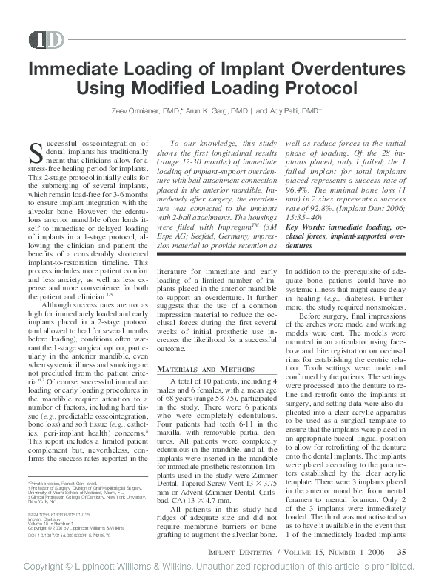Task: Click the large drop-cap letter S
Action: [x=36, y=153]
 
